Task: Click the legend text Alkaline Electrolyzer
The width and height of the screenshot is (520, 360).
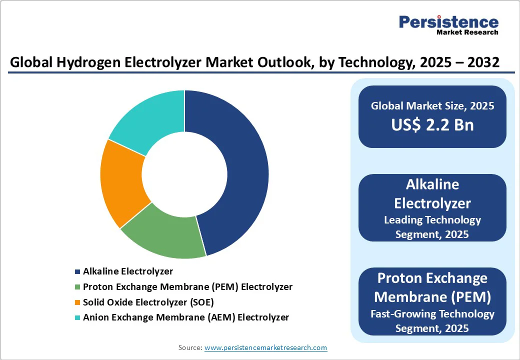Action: click(128, 271)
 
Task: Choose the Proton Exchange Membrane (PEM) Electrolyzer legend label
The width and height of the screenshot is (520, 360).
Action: click(187, 287)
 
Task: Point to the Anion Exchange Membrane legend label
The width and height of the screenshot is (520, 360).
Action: click(186, 317)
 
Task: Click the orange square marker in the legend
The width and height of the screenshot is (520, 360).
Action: click(77, 302)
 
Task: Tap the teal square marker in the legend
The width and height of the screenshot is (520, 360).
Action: click(77, 317)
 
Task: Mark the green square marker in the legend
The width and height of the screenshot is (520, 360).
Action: click(77, 287)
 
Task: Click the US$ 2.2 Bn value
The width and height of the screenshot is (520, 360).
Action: click(432, 124)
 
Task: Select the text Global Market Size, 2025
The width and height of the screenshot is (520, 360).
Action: click(432, 105)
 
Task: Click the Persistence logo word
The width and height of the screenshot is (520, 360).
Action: click(448, 21)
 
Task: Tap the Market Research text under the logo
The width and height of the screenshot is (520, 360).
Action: click(467, 32)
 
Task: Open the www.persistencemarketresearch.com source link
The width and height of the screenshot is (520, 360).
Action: click(265, 347)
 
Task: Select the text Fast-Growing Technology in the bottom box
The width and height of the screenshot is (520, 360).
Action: click(432, 314)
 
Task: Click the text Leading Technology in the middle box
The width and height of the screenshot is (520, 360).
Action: click(432, 220)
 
